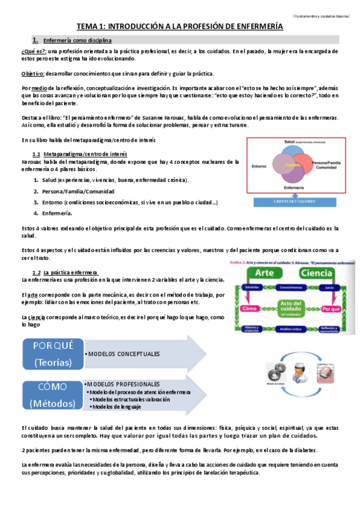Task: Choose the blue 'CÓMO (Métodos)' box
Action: pyautogui.click(x=53, y=394)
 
